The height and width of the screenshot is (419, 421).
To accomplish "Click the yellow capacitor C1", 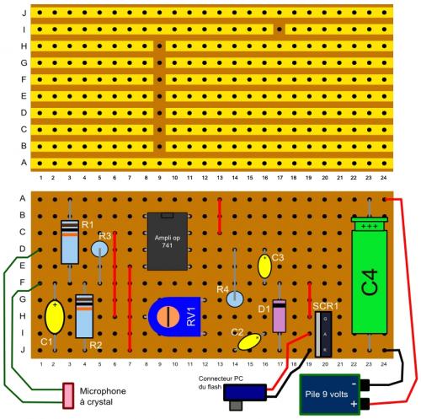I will (55, 320).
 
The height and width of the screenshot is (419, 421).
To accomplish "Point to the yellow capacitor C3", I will (264, 267).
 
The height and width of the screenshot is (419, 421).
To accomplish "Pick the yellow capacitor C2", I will (249, 341).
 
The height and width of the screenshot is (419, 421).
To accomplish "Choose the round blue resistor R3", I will (100, 250).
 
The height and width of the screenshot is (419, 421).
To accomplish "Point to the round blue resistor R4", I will (235, 298).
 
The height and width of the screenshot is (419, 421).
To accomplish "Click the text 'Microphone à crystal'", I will (103, 395).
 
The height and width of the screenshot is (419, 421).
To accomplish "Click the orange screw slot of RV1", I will (170, 316).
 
